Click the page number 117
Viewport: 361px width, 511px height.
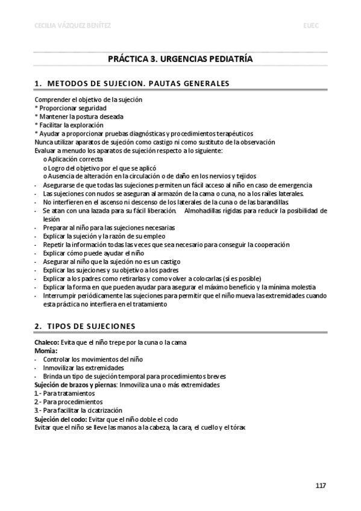pos(321,486)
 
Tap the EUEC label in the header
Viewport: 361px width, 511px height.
pos(313,25)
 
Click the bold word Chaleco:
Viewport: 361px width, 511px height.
pos(47,342)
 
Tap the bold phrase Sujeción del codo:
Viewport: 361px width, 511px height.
pos(61,419)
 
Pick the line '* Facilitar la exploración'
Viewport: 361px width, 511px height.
pos(70,125)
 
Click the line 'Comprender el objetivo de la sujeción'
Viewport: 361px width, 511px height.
pos(89,99)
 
